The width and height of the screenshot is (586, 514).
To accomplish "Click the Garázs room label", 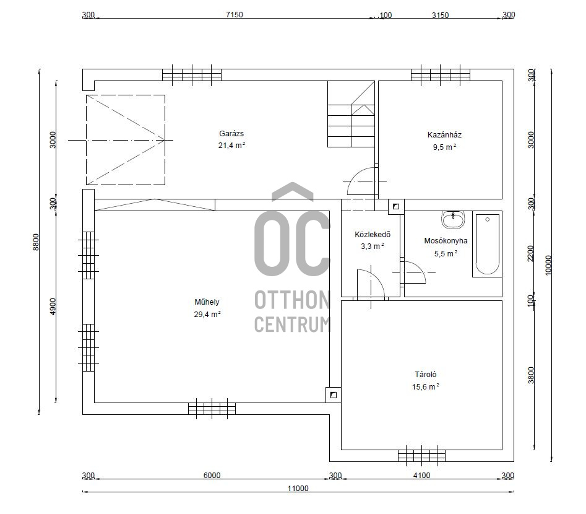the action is coord(231,134).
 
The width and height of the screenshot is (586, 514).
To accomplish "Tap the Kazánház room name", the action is coord(444,135).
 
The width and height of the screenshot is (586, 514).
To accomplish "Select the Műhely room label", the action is coord(207,302).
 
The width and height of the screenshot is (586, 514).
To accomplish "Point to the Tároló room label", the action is coord(425,375).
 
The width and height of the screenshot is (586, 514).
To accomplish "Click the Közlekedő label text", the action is coord(373,235).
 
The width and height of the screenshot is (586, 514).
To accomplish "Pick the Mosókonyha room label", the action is coord(446,241).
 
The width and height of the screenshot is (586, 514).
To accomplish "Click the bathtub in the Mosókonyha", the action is coord(487,244).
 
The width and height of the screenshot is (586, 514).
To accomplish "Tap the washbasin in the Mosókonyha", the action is coord(454,219).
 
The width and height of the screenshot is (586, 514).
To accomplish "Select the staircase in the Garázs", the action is coord(351,114).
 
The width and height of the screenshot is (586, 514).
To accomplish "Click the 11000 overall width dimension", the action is coord(298,488).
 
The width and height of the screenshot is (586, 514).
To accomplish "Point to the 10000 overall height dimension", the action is coord(548,265).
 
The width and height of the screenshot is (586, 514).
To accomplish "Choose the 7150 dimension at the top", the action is coord(235,15).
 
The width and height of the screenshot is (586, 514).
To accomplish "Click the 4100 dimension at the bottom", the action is coord(421,476).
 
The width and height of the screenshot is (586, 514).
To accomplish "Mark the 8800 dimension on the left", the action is coord(35,242).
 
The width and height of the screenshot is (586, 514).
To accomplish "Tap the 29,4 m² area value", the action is coord(207,314).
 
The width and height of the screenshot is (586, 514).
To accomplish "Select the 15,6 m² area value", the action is coord(425,387).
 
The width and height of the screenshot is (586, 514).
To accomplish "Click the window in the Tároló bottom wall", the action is coord(421,456).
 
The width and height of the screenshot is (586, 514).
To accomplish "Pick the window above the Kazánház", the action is coord(440,75).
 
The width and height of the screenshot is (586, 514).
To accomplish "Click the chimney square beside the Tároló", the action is coord(334,395).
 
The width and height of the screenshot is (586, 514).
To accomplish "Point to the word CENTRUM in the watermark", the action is coord(292,325).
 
